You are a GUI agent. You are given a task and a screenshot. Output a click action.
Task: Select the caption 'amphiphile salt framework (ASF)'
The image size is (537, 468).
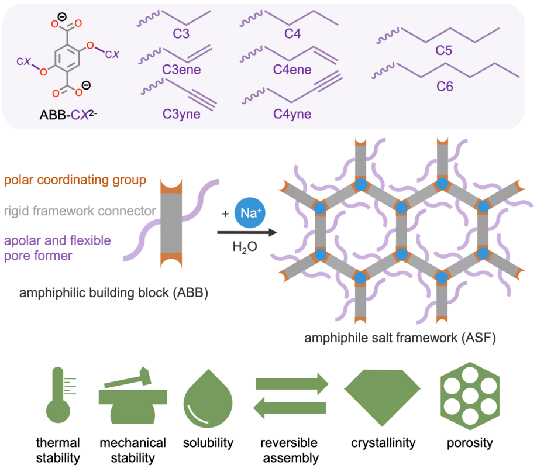click(400, 338)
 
